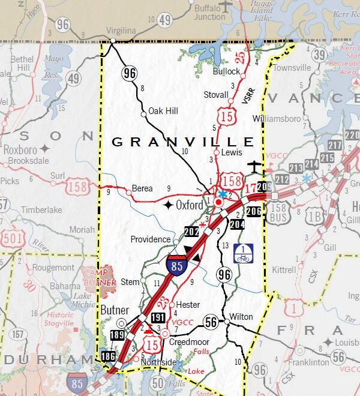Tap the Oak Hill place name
(x=163, y=110)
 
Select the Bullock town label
(x=226, y=71)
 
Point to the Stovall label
(x=216, y=94)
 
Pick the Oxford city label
(x=191, y=205)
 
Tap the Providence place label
(x=150, y=239)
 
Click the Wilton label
(x=241, y=316)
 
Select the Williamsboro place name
(x=277, y=118)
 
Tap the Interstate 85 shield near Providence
(x=176, y=266)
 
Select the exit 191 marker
(x=158, y=317)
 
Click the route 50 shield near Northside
(x=158, y=382)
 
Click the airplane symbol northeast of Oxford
(x=254, y=165)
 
